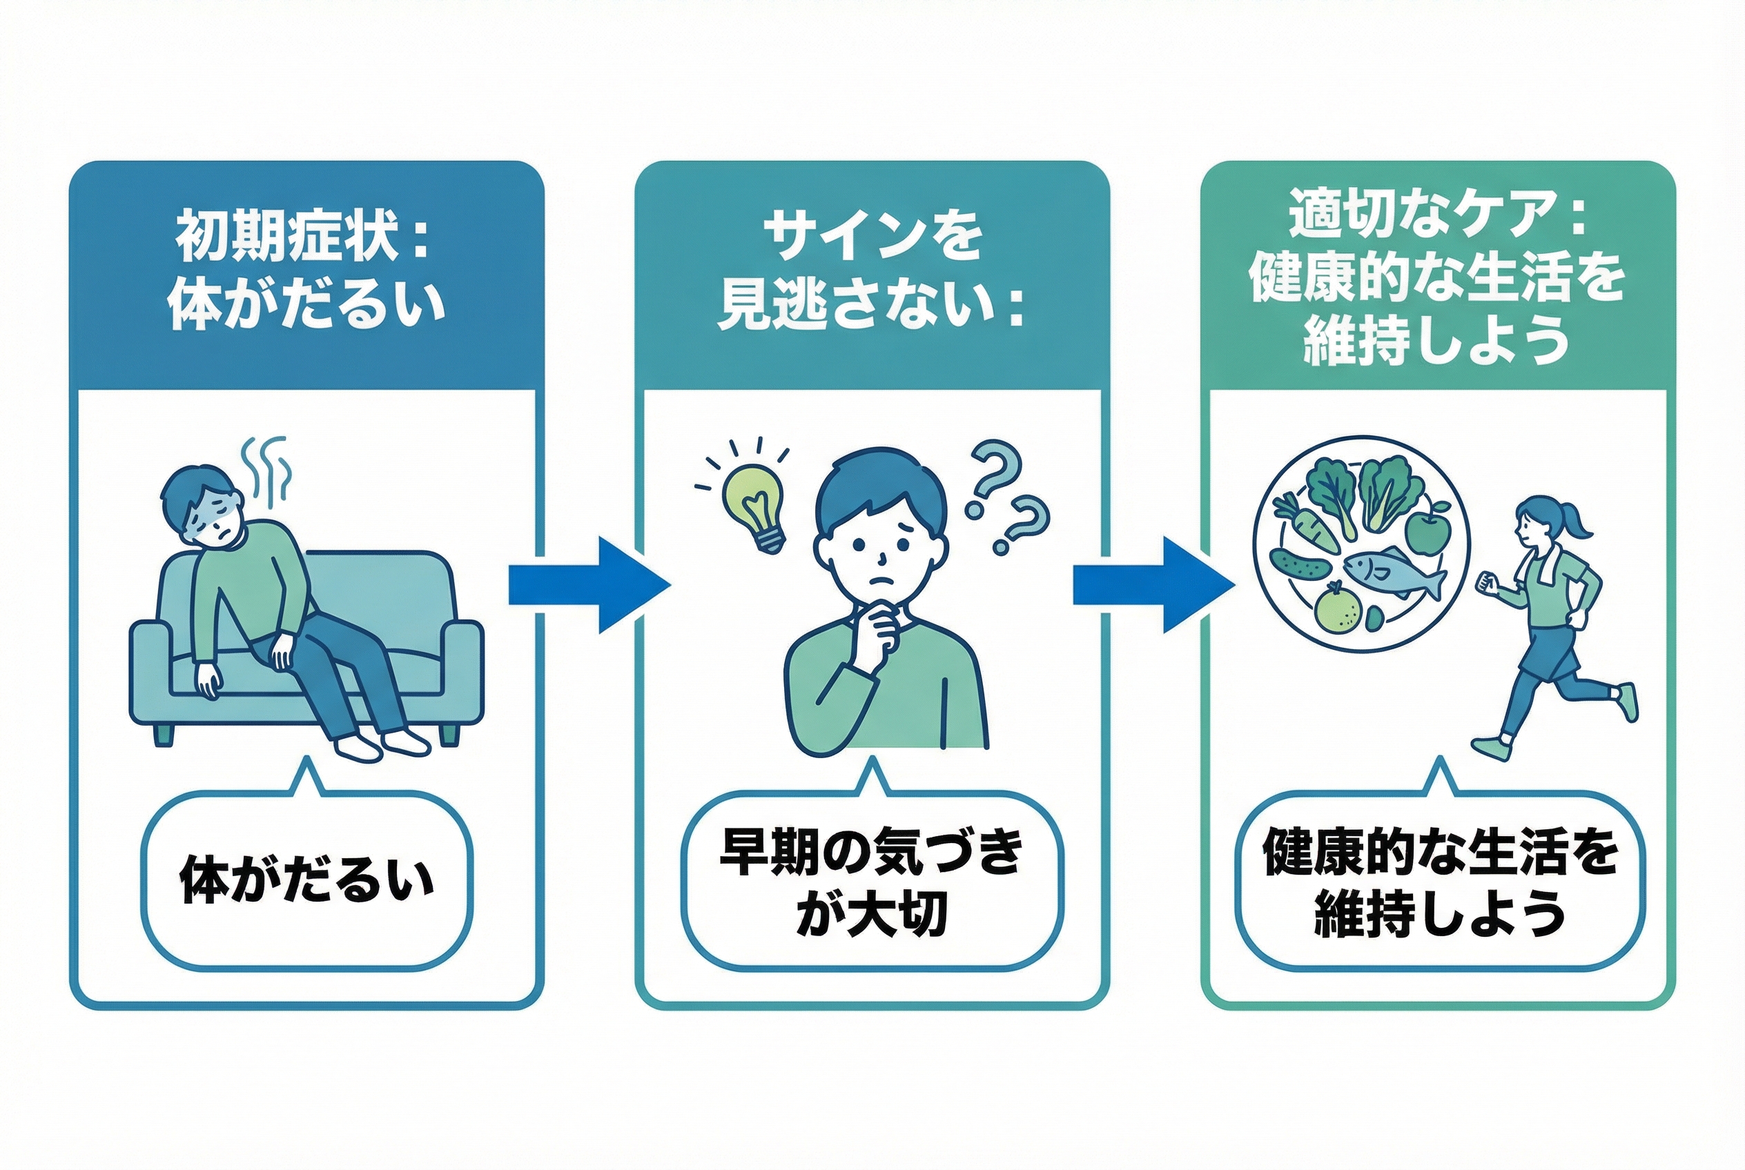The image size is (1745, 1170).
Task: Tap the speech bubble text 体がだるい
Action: (307, 881)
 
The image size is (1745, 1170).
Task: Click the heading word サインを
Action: (871, 238)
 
